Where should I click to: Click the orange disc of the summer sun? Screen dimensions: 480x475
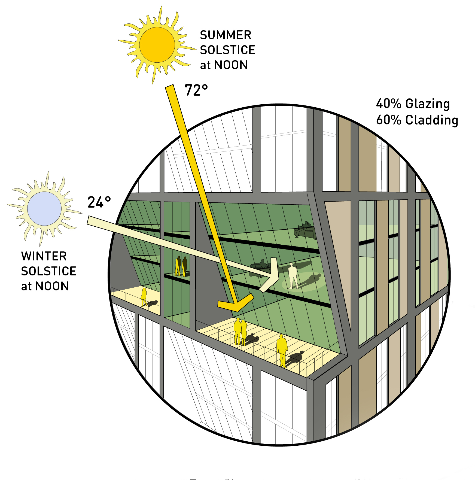coord(157,45)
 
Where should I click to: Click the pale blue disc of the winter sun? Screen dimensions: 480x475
coord(44,208)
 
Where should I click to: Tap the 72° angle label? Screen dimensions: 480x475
coord(196,90)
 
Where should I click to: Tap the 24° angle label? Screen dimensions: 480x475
coord(99,202)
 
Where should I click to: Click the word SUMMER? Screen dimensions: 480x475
coord(226,35)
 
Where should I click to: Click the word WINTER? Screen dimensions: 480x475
coord(44,256)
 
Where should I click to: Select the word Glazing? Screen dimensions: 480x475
coord(427,104)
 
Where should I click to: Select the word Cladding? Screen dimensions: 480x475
coord(431,120)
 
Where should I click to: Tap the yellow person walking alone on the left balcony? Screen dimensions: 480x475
coord(144,297)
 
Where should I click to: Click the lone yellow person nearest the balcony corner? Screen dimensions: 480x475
coord(282,350)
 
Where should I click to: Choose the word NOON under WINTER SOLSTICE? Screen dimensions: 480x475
coord(52,286)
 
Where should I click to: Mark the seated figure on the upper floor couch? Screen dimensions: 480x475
coord(306,227)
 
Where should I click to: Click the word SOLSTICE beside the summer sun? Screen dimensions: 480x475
coord(227,50)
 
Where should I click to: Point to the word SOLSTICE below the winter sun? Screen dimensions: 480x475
coord(48,271)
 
